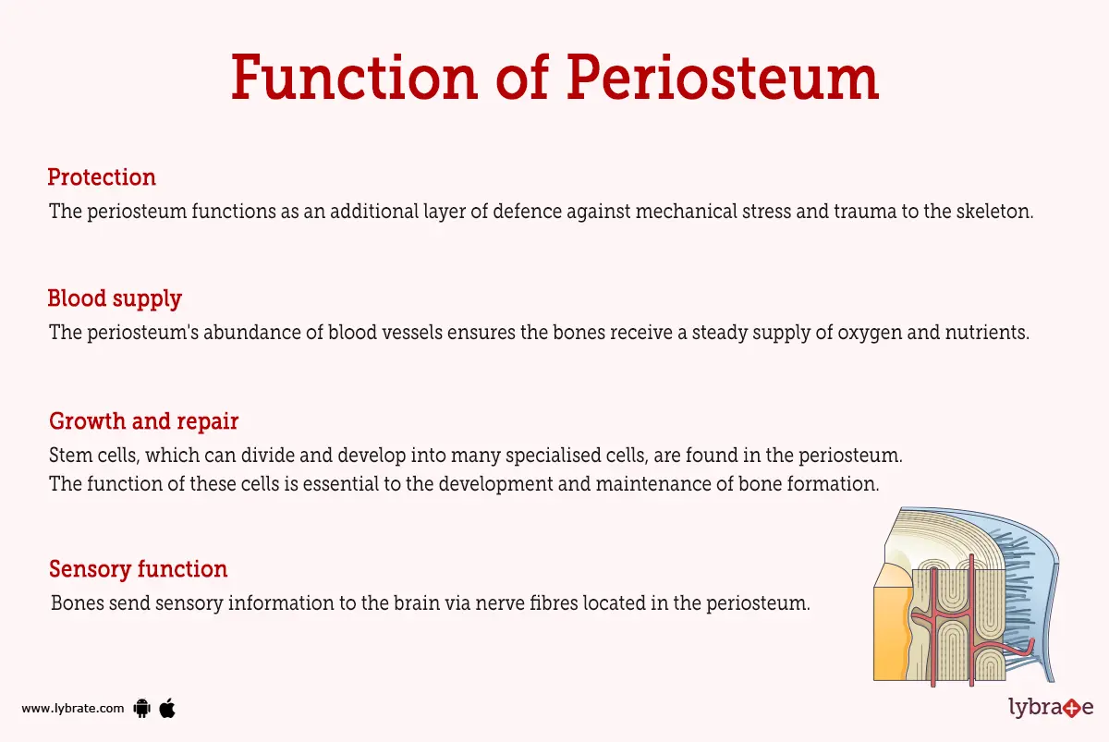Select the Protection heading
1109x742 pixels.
tap(102, 177)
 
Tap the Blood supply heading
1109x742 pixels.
tap(115, 299)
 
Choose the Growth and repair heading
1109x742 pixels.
tap(143, 421)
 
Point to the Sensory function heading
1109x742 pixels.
tap(138, 569)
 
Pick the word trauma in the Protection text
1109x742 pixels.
tap(879, 211)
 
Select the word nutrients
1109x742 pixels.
tap(988, 333)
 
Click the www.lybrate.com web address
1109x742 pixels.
tap(72, 709)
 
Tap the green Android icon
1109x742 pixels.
tap(141, 709)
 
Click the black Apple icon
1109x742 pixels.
tap(167, 709)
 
